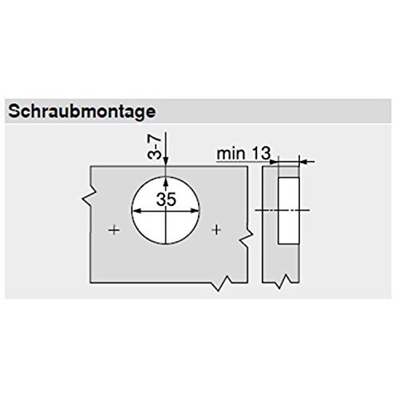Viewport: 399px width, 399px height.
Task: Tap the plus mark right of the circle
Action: tap(217, 231)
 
